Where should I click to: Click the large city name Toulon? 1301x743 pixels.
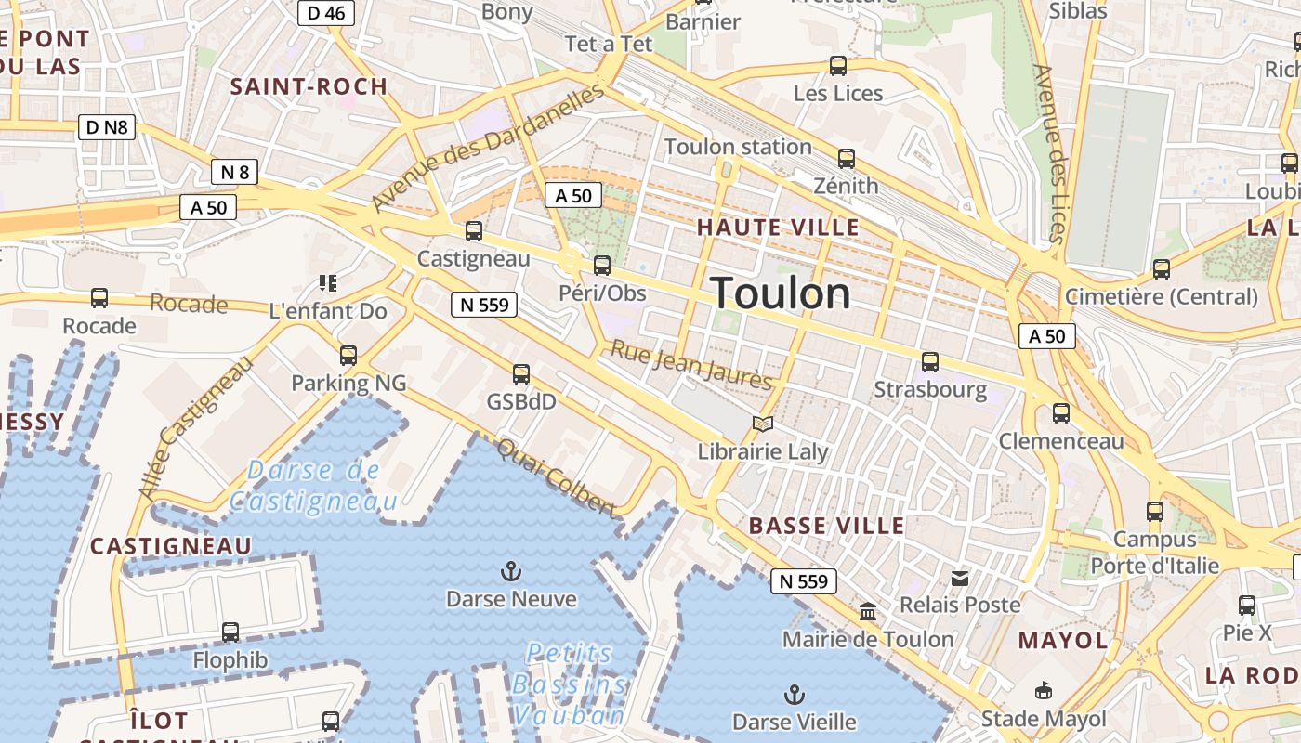click(781, 293)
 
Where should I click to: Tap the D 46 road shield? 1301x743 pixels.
click(325, 12)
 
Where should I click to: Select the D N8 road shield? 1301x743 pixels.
click(107, 127)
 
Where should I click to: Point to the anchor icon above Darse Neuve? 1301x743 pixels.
click(511, 570)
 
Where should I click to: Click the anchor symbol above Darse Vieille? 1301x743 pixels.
click(794, 694)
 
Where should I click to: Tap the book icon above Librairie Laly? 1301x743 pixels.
click(763, 424)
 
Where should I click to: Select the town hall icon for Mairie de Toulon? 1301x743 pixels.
click(868, 612)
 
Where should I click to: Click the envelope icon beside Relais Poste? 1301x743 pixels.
click(960, 578)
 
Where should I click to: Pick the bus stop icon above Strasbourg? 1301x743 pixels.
click(930, 361)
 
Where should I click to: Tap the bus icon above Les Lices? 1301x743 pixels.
click(838, 66)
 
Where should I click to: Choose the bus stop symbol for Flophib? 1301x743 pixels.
click(230, 632)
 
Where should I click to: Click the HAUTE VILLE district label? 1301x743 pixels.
click(778, 228)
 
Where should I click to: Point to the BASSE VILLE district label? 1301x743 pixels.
click(826, 526)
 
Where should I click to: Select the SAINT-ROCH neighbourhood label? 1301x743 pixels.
click(309, 87)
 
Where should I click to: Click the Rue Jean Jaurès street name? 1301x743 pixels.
click(690, 366)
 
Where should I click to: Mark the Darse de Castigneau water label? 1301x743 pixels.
click(313, 486)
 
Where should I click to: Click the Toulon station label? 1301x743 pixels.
click(738, 147)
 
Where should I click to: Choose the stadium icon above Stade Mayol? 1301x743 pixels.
click(1044, 691)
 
